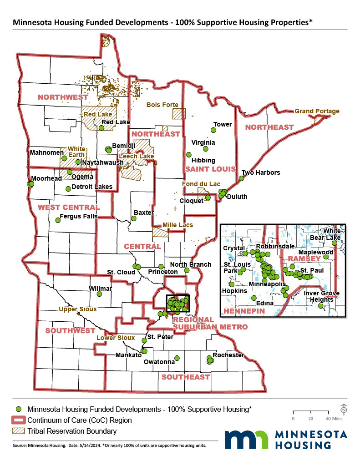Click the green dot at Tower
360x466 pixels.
pos(213,131)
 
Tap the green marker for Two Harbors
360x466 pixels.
pos(242,178)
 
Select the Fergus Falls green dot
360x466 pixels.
pos(58,220)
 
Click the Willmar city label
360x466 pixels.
pos(100,289)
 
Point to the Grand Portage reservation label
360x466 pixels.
pos(317,111)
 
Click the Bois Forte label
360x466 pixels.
pos(162,105)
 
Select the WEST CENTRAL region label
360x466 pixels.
pos(62,207)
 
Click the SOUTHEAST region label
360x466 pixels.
pos(185,377)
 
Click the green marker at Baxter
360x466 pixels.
pos(133,218)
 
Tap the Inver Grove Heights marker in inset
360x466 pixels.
pos(321,306)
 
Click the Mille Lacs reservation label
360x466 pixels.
pos(178,225)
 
